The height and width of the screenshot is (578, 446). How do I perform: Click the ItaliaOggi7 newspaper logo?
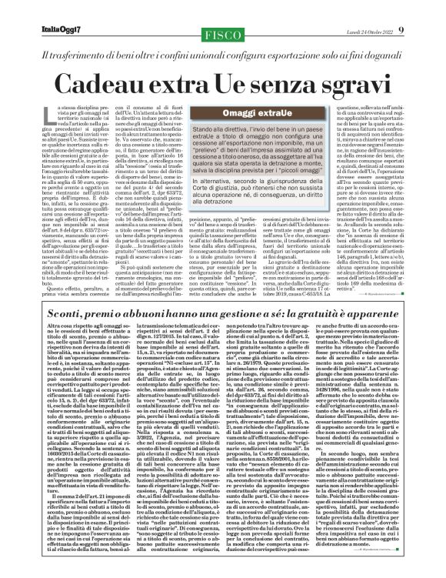click(x=39, y=9)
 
